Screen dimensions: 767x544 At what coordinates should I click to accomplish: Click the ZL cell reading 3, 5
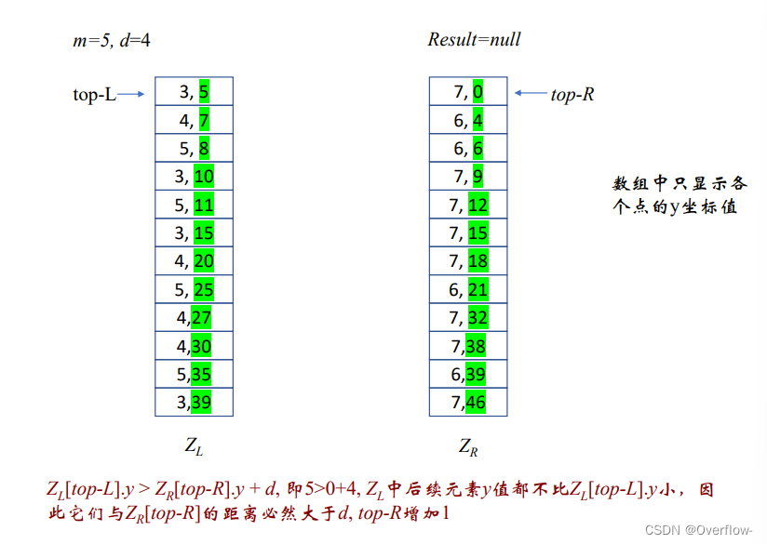[x=194, y=91]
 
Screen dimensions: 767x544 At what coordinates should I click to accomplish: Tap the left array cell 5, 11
[x=194, y=205]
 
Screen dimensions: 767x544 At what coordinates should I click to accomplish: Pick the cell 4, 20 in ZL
[x=194, y=261]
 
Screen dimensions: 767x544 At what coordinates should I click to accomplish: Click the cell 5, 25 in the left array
[x=194, y=290]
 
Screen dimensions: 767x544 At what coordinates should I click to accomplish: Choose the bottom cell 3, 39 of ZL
[x=194, y=403]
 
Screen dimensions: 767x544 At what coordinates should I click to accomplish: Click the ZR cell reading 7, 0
[x=468, y=91]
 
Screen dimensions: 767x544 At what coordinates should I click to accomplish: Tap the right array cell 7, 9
[x=468, y=176]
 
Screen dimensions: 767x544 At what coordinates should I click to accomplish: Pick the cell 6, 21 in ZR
[x=468, y=290]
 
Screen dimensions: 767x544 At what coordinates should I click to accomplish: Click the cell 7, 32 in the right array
[x=468, y=318]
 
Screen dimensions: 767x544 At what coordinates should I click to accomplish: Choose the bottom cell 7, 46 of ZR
[x=468, y=403]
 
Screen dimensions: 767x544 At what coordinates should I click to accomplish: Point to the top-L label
[x=94, y=94]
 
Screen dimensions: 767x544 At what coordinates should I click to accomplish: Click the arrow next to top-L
[x=132, y=94]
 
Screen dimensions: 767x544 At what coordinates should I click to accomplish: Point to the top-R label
[x=572, y=94]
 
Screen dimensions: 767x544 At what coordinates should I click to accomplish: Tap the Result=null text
[x=474, y=39]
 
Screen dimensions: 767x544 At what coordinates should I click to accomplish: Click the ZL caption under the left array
[x=194, y=447]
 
